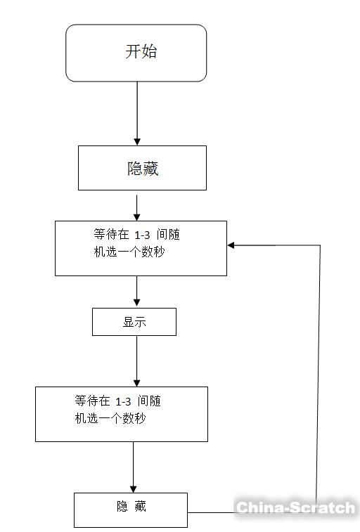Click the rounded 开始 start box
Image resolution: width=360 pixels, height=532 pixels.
(136, 53)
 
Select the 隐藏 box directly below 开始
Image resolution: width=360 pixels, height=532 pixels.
(142, 168)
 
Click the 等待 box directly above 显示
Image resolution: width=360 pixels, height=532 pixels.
(141, 248)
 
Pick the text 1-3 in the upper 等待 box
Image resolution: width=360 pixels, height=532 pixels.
(142, 236)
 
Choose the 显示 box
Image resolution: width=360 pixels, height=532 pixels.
(134, 323)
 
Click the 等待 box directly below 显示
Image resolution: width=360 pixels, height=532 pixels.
(121, 414)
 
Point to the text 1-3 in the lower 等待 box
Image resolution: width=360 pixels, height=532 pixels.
(123, 402)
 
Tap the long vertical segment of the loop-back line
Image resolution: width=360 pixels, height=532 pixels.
(319, 372)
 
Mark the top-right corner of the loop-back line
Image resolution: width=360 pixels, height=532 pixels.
(320, 245)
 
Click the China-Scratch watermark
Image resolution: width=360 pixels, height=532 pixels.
(295, 507)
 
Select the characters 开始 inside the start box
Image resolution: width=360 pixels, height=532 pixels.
(141, 51)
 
